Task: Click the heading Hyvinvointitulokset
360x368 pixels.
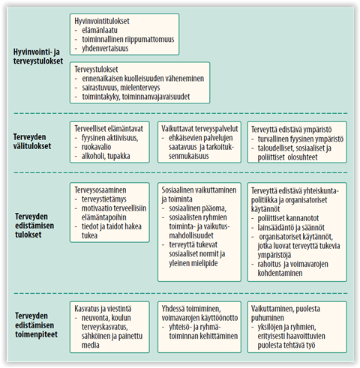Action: click(102, 21)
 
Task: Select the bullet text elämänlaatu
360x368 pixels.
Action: click(100, 30)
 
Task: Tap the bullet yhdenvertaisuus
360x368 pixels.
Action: click(105, 48)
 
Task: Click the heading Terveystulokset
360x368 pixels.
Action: click(96, 69)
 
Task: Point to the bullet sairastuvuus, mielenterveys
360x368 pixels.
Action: click(121, 88)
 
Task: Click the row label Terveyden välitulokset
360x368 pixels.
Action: click(32, 142)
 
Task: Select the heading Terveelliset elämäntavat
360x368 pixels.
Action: click(109, 129)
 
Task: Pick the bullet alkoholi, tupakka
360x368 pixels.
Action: click(106, 156)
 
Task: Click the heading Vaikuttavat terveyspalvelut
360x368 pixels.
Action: click(199, 129)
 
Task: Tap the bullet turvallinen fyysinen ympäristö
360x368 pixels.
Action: click(301, 139)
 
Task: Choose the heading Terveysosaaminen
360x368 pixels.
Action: click(100, 190)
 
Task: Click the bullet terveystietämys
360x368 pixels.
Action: click(103, 199)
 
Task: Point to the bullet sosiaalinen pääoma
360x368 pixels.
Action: click(197, 208)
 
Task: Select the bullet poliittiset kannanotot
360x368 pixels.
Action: click(288, 218)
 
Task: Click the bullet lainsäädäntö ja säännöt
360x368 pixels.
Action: click(291, 227)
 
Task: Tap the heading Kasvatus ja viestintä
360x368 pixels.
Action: click(103, 309)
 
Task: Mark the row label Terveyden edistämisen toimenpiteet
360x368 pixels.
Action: click(36, 325)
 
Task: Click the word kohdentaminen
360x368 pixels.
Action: click(280, 273)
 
